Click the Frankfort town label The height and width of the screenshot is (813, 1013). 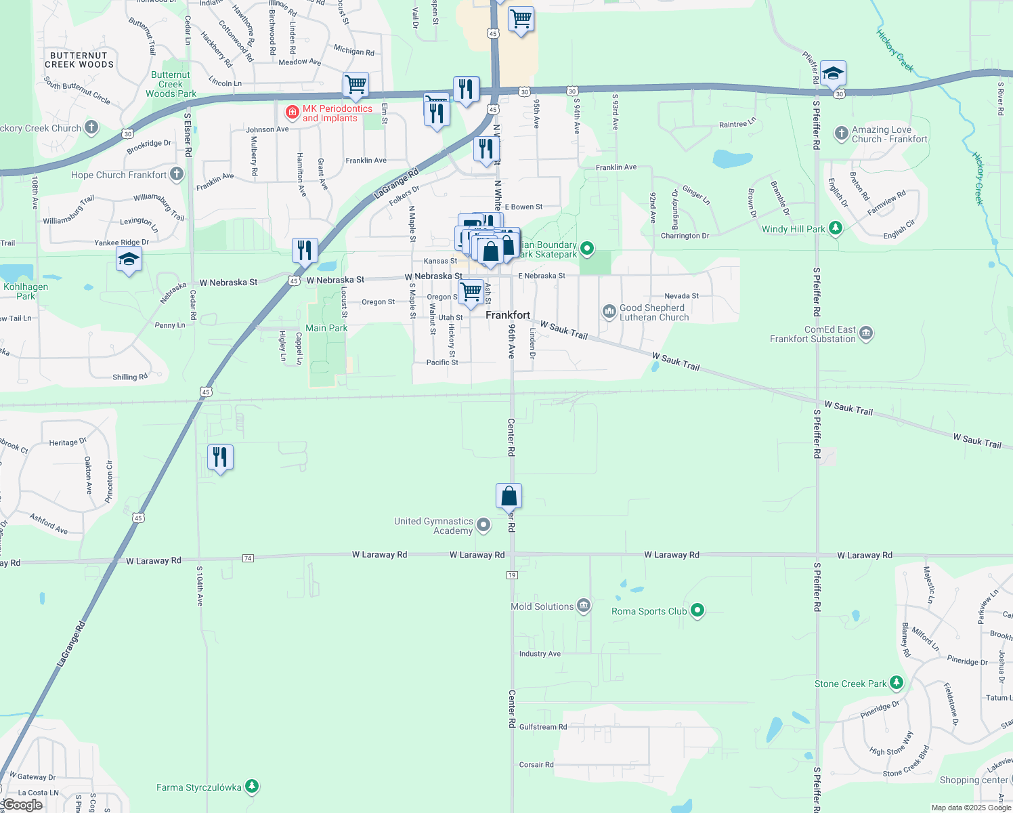tap(508, 315)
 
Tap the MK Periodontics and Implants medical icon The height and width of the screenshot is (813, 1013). tap(293, 111)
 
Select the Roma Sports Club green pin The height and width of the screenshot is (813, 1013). tap(697, 610)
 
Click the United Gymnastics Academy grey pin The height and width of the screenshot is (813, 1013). tap(483, 525)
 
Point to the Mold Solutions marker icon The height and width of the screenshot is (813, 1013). tap(584, 606)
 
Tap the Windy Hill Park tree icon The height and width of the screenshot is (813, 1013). tap(836, 228)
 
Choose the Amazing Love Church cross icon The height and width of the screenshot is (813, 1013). tap(841, 133)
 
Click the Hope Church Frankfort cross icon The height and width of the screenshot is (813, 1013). tap(177, 174)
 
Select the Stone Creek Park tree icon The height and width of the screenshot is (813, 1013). tap(897, 682)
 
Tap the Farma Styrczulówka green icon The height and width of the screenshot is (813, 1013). tap(252, 787)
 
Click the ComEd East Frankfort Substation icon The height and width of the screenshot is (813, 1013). tap(866, 333)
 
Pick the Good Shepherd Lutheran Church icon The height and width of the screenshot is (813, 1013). tap(609, 312)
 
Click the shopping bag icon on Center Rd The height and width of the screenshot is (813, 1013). tap(509, 497)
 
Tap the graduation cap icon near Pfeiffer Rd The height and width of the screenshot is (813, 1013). tap(833, 73)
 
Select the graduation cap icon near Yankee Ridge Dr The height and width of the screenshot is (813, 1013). tap(129, 259)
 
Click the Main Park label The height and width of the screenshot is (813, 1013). tap(326, 328)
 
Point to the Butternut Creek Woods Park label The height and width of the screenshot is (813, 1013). tap(171, 85)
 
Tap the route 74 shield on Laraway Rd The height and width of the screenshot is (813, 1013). tap(248, 558)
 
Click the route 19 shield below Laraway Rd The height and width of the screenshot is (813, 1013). tap(512, 575)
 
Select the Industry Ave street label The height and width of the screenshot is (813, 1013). tap(540, 654)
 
